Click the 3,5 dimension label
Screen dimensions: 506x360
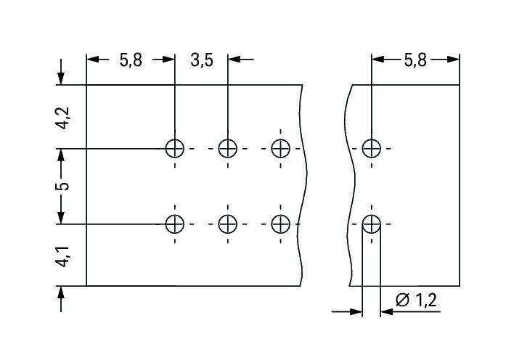pyautogui.click(x=202, y=60)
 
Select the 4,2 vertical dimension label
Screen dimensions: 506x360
pyautogui.click(x=62, y=118)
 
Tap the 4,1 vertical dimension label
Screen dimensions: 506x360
pyautogui.click(x=62, y=257)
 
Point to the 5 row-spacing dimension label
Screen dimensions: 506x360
pyautogui.click(x=63, y=187)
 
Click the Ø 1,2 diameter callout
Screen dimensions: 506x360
pyautogui.click(x=416, y=300)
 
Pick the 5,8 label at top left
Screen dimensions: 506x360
pyautogui.click(x=131, y=60)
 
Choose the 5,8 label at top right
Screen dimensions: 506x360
pyautogui.click(x=415, y=60)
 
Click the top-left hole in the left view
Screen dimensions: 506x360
pyautogui.click(x=174, y=148)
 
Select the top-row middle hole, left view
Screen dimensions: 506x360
pyautogui.click(x=227, y=148)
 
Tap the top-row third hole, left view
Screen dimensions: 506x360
pyautogui.click(x=280, y=148)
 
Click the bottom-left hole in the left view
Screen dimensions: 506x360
pyautogui.click(x=174, y=224)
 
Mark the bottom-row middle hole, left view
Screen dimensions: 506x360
pyautogui.click(x=227, y=224)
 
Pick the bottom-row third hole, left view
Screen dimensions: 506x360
pyautogui.click(x=280, y=224)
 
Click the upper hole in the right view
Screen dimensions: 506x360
pyautogui.click(x=372, y=148)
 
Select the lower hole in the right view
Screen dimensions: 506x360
pyautogui.click(x=372, y=224)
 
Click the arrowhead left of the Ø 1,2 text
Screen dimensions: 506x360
pyautogui.click(x=387, y=311)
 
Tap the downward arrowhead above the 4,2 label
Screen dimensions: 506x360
pyautogui.click(x=61, y=78)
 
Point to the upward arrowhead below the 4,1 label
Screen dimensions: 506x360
pyautogui.click(x=61, y=292)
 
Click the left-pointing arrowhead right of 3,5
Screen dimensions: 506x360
pyautogui.click(x=234, y=60)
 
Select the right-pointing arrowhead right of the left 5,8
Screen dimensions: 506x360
pyautogui.click(x=168, y=60)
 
